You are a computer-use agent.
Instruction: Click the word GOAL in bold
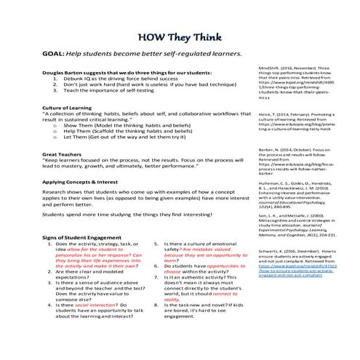pyautogui.click(x=55, y=54)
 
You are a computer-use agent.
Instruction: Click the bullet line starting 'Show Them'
pyautogui.click(x=124, y=125)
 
